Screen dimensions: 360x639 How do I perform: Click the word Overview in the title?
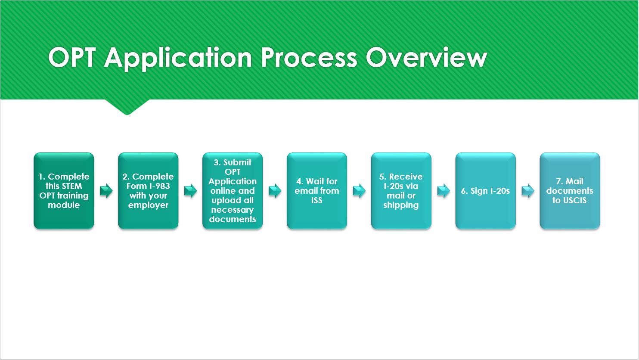click(x=426, y=58)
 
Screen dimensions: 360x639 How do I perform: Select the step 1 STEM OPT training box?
click(x=64, y=191)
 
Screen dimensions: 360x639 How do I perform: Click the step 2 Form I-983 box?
click(x=148, y=191)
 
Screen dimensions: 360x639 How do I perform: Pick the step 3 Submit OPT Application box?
click(x=233, y=191)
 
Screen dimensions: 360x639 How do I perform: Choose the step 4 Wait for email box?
click(x=317, y=191)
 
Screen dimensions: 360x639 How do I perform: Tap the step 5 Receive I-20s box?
click(x=401, y=191)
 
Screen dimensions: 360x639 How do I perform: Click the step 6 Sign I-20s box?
click(x=485, y=191)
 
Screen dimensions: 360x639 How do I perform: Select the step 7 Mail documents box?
click(x=570, y=191)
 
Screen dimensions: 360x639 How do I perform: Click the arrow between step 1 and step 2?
click(x=106, y=191)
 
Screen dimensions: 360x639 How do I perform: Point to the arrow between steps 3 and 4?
click(x=275, y=191)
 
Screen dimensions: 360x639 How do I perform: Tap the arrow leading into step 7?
click(x=528, y=191)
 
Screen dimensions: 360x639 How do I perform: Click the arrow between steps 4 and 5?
click(x=359, y=191)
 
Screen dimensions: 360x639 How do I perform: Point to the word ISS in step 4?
click(x=317, y=200)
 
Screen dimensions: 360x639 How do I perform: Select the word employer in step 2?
click(x=148, y=205)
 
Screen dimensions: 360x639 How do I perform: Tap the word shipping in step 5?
click(x=401, y=205)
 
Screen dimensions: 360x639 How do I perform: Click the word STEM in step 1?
click(x=71, y=186)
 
